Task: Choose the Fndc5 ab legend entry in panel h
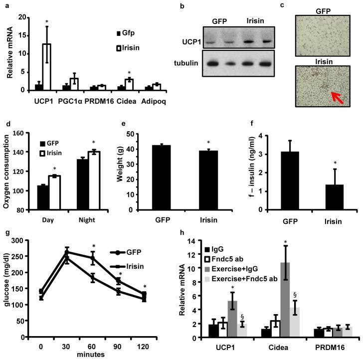coord(230,258)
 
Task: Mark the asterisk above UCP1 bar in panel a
coord(46,22)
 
